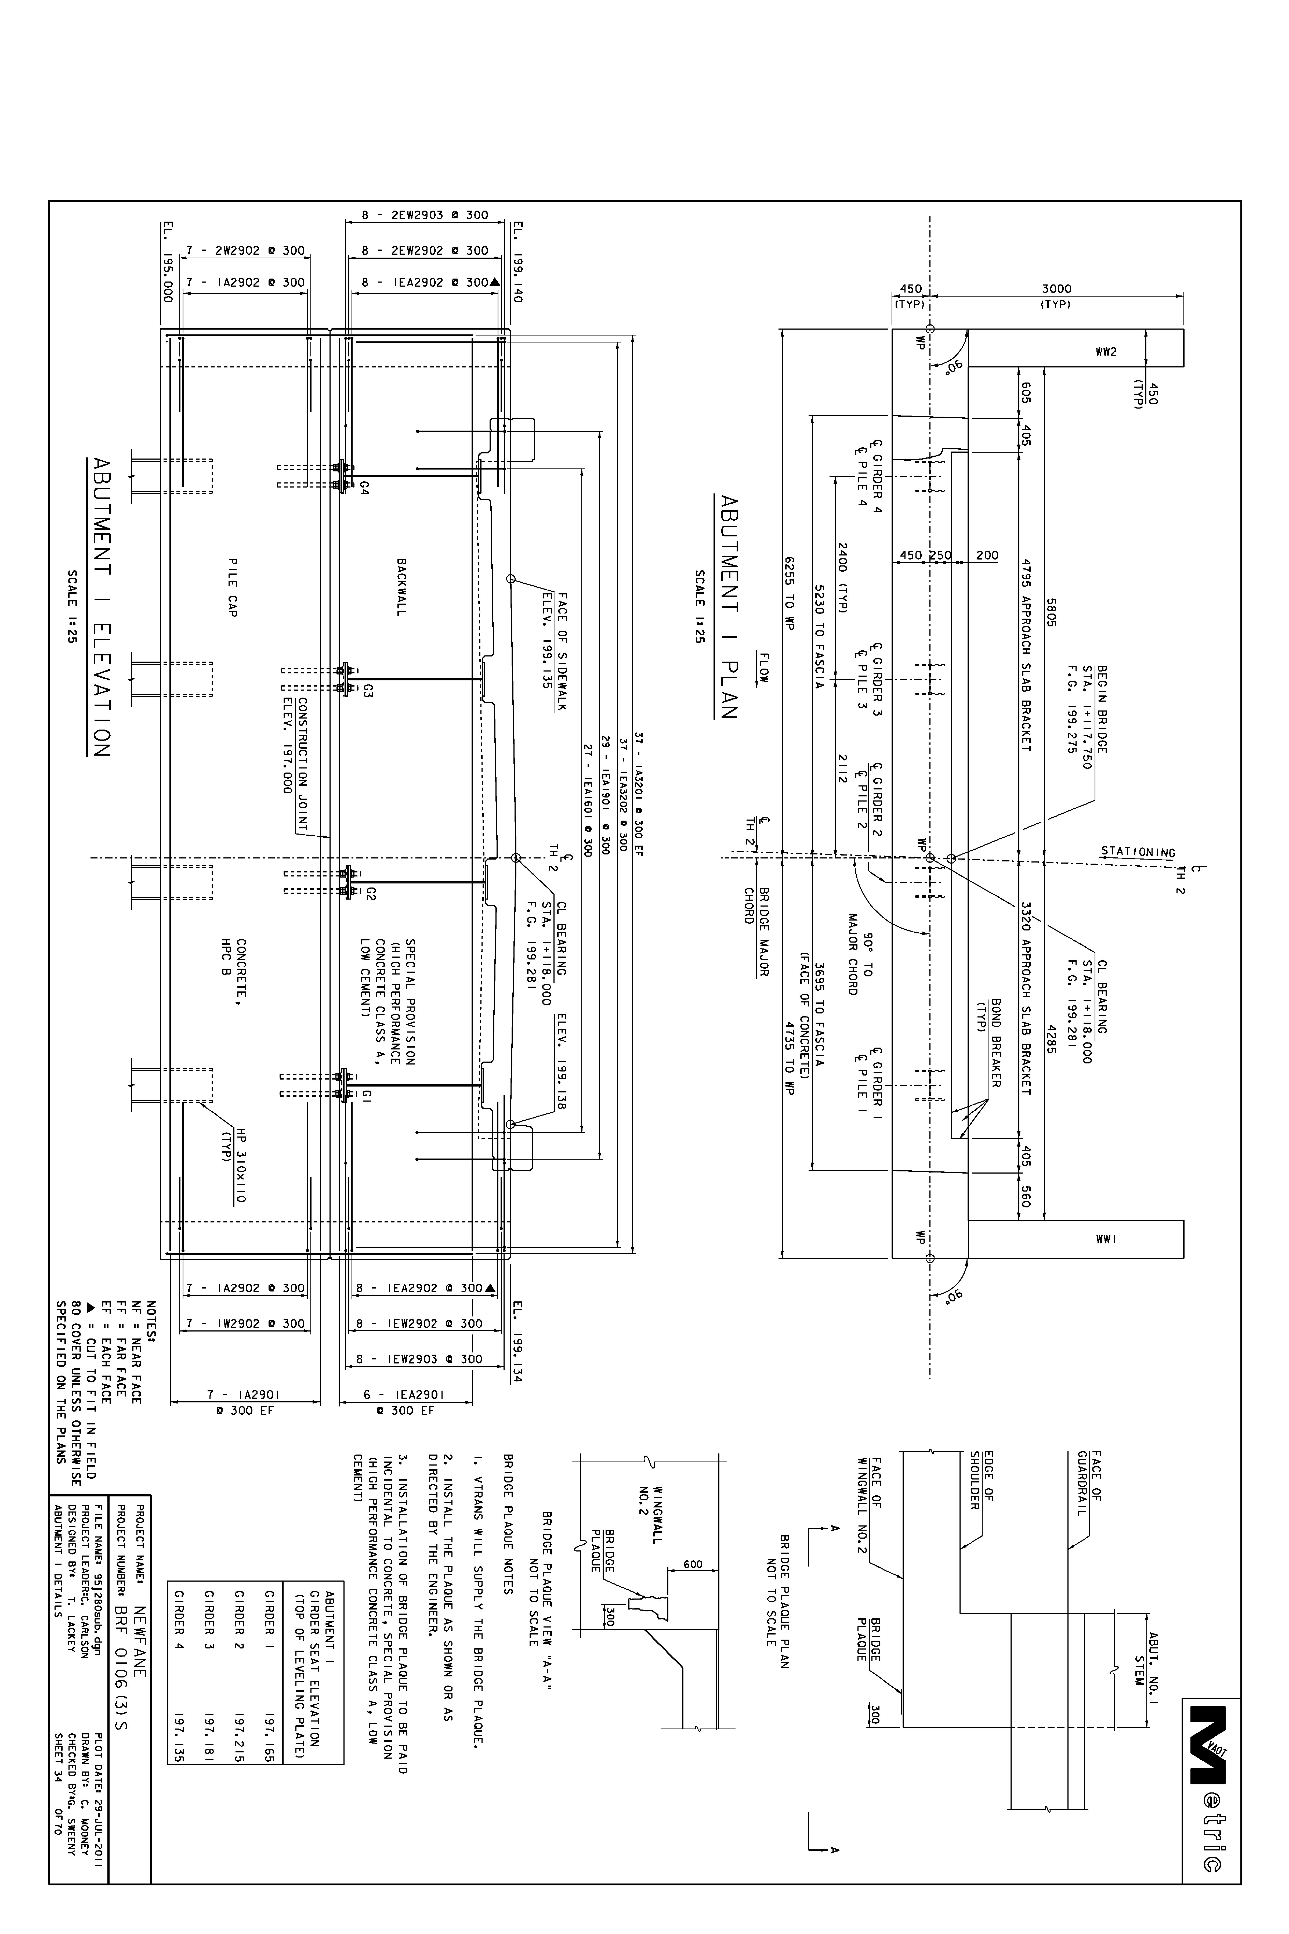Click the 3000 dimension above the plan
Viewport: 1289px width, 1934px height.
coord(1056,288)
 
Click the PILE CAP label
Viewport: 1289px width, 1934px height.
coord(233,587)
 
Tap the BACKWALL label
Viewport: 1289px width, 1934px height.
coord(401,587)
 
